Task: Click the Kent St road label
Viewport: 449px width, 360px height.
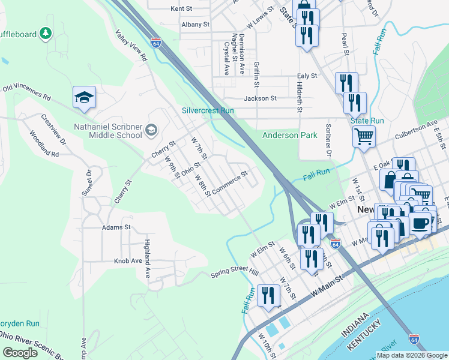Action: click(x=181, y=9)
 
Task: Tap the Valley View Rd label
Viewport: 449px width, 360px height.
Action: click(x=131, y=46)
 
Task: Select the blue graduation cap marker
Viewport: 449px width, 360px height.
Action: click(x=85, y=98)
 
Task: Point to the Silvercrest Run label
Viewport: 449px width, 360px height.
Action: click(x=208, y=111)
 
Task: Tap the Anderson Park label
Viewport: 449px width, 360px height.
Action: click(x=289, y=136)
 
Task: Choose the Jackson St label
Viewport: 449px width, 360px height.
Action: click(x=260, y=98)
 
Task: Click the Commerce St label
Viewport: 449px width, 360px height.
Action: click(x=229, y=184)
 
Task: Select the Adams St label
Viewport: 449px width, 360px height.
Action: click(x=116, y=228)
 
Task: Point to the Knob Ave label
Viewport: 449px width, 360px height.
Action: click(x=128, y=262)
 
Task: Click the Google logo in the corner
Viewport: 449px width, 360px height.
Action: click(x=20, y=353)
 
